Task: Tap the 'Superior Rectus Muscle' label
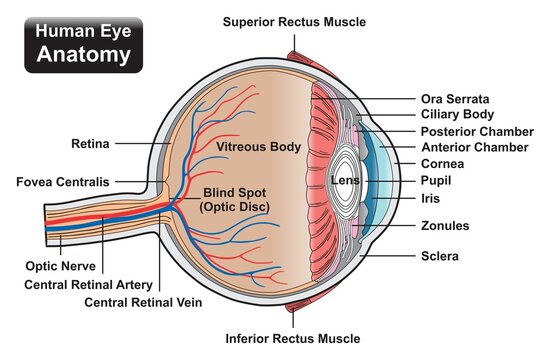294,21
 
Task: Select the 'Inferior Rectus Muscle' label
294,339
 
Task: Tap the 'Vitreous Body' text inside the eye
259,147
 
